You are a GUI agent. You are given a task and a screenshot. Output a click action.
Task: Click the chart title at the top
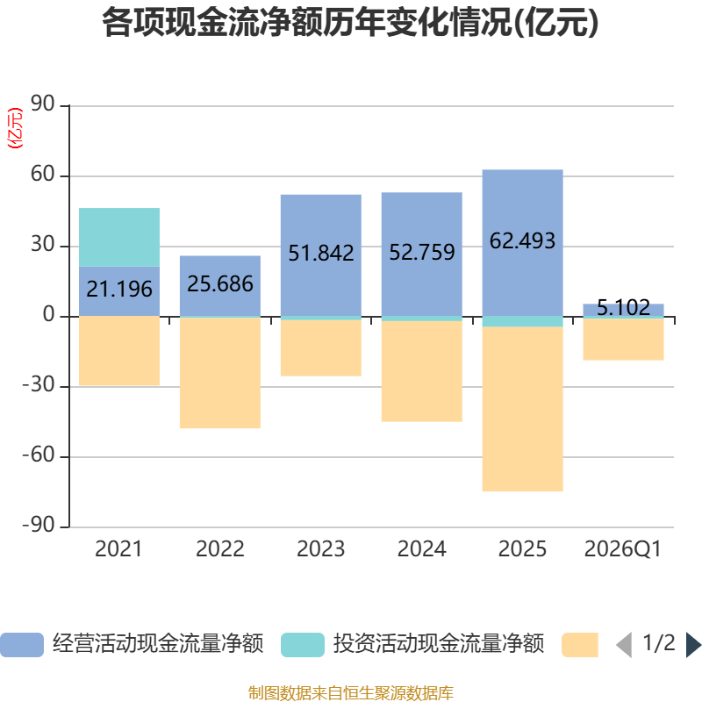(350, 23)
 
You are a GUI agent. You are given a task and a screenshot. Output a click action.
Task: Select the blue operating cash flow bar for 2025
(522, 243)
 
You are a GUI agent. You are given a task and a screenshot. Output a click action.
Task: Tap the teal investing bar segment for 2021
(119, 237)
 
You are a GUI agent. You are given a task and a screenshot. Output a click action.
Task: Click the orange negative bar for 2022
(220, 373)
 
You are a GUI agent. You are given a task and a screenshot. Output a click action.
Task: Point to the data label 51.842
(321, 253)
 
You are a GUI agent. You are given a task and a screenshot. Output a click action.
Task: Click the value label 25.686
(220, 283)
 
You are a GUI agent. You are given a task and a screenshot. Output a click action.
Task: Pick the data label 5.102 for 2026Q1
(623, 308)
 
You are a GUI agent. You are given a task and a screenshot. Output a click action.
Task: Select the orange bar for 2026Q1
(623, 340)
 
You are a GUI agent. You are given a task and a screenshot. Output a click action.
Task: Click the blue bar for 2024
(422, 254)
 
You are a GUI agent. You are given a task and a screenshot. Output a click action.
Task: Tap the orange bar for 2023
(321, 347)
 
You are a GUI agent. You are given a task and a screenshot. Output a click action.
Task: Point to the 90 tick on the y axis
(42, 104)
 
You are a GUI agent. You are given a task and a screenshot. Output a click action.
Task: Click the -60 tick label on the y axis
(39, 455)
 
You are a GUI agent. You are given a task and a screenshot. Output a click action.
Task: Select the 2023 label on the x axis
(320, 549)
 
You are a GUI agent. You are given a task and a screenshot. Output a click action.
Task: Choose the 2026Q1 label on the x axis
(623, 549)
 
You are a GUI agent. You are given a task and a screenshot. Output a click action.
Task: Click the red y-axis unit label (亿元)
(15, 127)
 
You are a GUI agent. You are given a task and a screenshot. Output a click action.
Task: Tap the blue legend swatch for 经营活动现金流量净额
(22, 645)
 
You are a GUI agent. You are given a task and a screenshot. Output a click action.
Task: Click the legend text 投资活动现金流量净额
(438, 644)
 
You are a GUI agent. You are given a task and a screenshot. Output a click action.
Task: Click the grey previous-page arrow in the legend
(624, 645)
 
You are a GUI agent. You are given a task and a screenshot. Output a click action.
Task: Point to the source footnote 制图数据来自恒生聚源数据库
(350, 693)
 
